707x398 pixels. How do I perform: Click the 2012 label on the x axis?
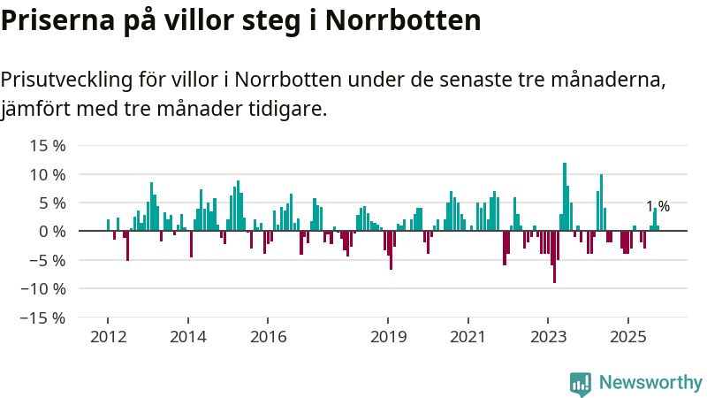[108, 337]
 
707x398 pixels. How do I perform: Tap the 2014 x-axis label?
[187, 337]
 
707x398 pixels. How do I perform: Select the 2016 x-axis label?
[268, 337]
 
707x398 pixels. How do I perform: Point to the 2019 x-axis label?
[388, 337]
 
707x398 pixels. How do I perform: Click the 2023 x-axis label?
[548, 337]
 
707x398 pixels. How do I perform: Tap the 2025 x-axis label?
[627, 337]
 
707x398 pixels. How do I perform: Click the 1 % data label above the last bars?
[658, 207]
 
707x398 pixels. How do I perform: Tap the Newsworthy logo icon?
[581, 383]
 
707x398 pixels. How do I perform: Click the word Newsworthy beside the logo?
[650, 383]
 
